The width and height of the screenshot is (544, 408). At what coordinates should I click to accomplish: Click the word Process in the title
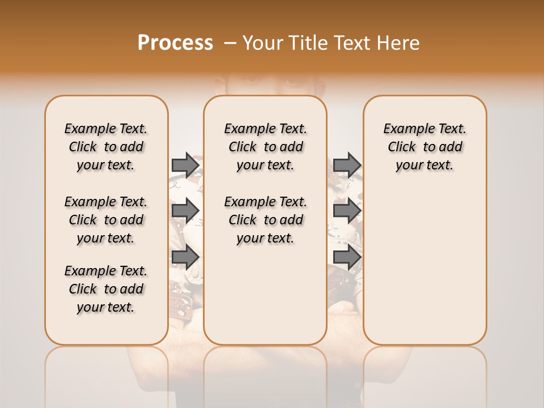coord(175,43)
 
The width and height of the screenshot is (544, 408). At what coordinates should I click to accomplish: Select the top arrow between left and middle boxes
coord(185,165)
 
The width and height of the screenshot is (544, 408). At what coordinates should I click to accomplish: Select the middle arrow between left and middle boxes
coord(185,211)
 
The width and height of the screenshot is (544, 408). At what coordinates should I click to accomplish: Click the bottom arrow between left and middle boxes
coord(185,257)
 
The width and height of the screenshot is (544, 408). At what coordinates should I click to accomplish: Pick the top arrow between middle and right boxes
coord(347,165)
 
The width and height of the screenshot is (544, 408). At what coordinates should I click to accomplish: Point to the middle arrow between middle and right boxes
coord(347,211)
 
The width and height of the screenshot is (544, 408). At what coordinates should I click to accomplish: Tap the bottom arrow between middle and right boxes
coord(347,257)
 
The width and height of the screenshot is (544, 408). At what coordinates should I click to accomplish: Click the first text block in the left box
coord(106,147)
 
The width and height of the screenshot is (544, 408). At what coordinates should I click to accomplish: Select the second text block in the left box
coord(106,220)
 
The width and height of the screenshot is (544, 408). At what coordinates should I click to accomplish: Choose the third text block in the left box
coord(106,289)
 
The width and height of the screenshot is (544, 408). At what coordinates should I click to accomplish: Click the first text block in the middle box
coord(265,147)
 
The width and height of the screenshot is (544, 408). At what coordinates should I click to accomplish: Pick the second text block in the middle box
coord(265,220)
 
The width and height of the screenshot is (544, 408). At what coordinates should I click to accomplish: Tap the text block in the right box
coord(424,147)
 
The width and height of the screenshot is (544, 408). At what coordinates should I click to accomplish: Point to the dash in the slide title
coord(230,43)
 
